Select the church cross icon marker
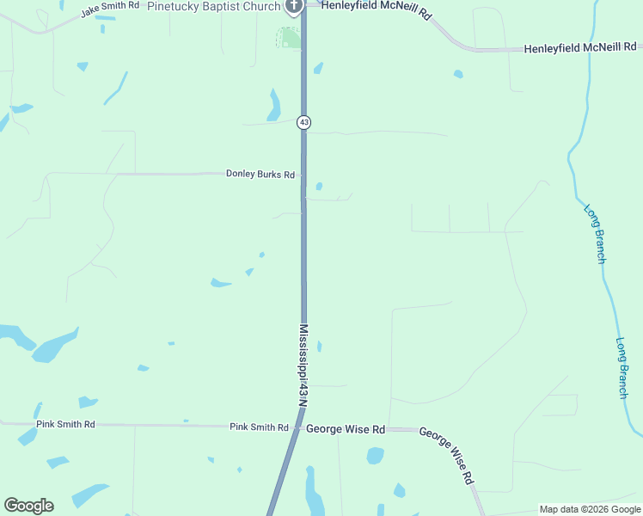[x=293, y=7]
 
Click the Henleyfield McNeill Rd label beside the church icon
[x=375, y=6]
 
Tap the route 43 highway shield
[x=303, y=123]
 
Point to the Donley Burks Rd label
[x=260, y=174]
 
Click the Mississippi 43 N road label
[x=303, y=364]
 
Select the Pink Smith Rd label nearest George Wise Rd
[x=259, y=427]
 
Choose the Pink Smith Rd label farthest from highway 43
[x=65, y=425]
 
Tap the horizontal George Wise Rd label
[x=346, y=428]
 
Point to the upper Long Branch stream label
[x=595, y=233]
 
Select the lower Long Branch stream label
[x=623, y=367]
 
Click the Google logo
[x=28, y=506]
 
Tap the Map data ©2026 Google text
[x=589, y=509]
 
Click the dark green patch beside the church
[x=290, y=38]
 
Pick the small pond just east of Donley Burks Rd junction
[x=319, y=186]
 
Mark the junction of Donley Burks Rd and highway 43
[x=303, y=174]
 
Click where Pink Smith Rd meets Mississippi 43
[x=297, y=427]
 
